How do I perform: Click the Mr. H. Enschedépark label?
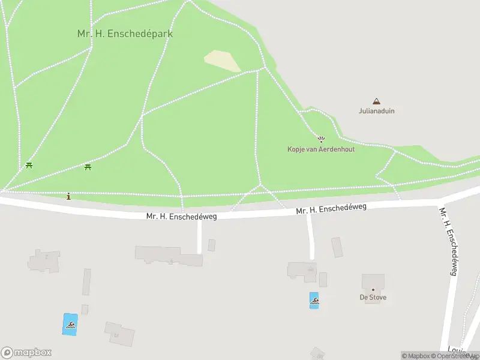tap(125, 34)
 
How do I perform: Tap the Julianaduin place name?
tap(376, 111)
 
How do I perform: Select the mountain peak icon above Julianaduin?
tap(376, 101)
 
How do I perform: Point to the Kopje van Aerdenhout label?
tap(320, 149)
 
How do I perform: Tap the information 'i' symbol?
tap(69, 196)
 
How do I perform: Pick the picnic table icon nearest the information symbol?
tap(88, 167)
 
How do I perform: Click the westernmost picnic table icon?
tap(29, 166)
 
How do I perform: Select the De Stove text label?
tap(373, 298)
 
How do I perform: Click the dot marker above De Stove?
tap(373, 290)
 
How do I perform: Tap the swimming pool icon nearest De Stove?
tap(314, 300)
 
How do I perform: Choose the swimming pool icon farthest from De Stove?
tap(70, 325)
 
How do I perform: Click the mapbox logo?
tap(26, 353)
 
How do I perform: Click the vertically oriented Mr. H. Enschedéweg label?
tap(449, 241)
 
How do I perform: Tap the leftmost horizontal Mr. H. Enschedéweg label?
tap(181, 215)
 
